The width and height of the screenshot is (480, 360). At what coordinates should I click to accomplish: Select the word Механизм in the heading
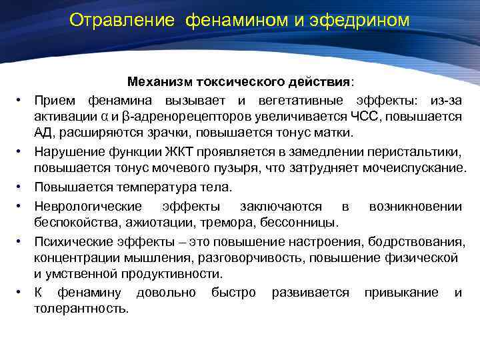pyautogui.click(x=159, y=82)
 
